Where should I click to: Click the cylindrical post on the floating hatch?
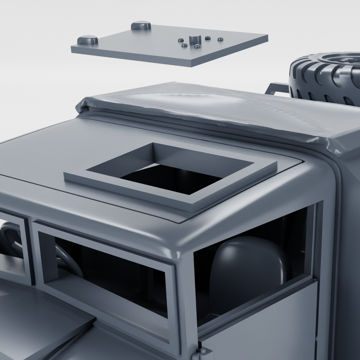[x=194, y=39]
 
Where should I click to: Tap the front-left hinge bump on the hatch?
[x=87, y=40]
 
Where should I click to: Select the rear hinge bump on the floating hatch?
[x=141, y=25]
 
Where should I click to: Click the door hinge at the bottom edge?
[x=205, y=352]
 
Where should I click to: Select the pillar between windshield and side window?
[x=186, y=300]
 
